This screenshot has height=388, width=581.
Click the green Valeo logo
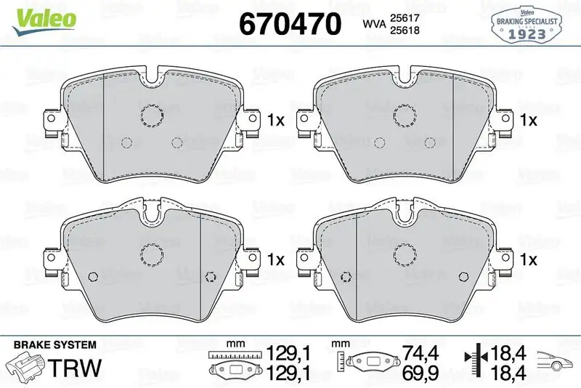(x=42, y=16)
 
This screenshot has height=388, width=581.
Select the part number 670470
(x=290, y=25)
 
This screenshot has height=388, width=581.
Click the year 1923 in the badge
(x=527, y=32)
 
